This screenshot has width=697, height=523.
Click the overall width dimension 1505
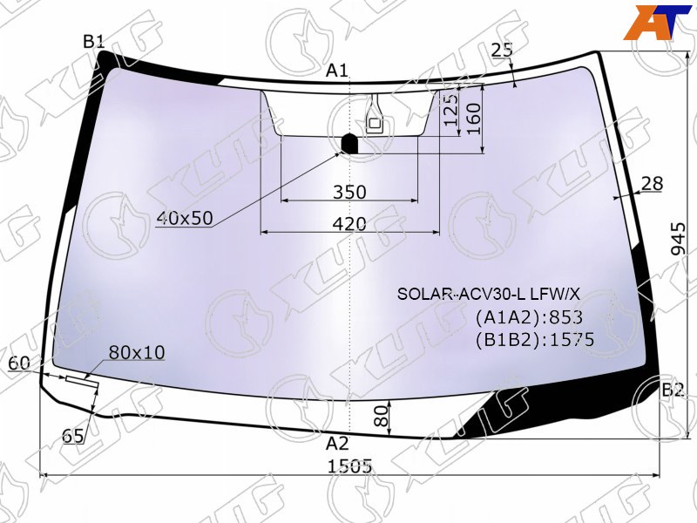tap(349, 466)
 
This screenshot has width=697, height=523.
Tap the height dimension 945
tap(679, 239)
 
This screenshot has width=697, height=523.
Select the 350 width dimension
tap(350, 192)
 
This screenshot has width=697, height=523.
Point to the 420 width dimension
tap(350, 224)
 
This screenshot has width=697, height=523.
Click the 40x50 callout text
tap(185, 219)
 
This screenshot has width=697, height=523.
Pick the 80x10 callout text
tap(137, 352)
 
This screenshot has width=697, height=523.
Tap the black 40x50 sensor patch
tap(349, 143)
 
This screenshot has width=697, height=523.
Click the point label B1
tap(94, 42)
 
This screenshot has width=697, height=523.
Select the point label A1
tap(337, 71)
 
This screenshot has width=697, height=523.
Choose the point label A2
tap(337, 444)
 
